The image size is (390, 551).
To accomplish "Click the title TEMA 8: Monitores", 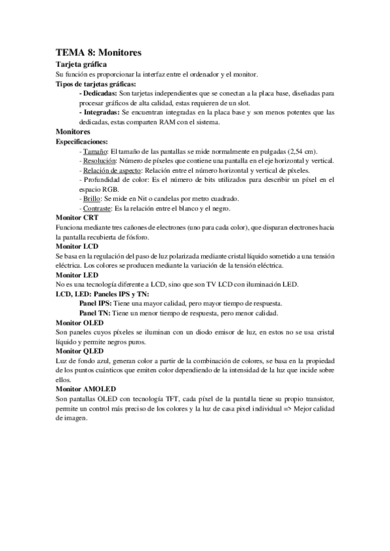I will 98,51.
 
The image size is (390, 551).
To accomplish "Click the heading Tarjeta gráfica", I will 82,65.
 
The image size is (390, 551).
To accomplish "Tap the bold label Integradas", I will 100,112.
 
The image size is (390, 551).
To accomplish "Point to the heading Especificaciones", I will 83,141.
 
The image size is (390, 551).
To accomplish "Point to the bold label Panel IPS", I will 95,303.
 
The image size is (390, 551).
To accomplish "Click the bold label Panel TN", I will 94,313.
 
